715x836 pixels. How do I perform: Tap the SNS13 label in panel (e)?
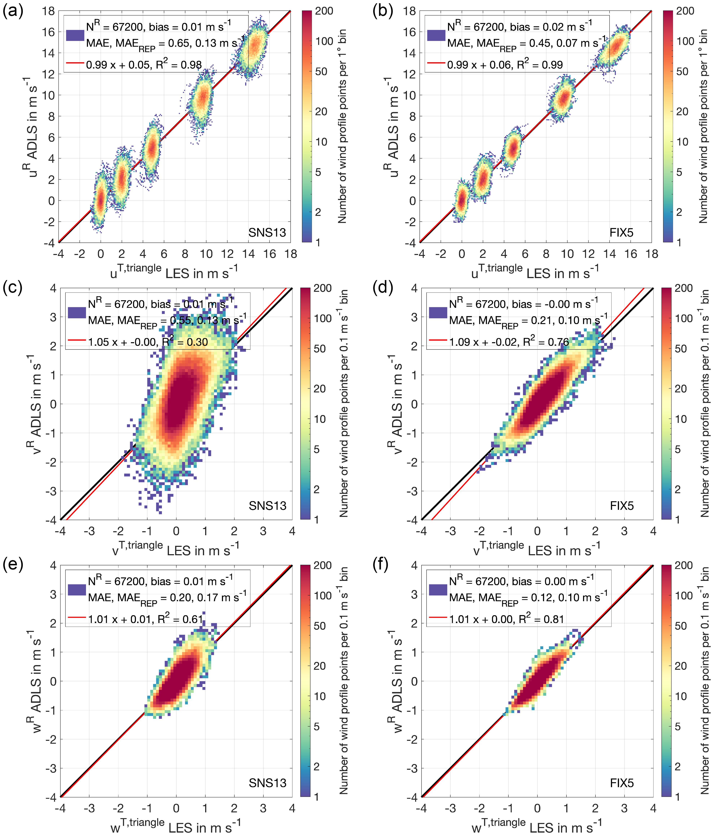tap(267, 783)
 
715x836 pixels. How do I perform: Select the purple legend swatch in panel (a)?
tap(75, 35)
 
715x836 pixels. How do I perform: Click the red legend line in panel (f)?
tap(437, 617)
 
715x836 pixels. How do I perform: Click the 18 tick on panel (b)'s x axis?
tap(652, 254)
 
